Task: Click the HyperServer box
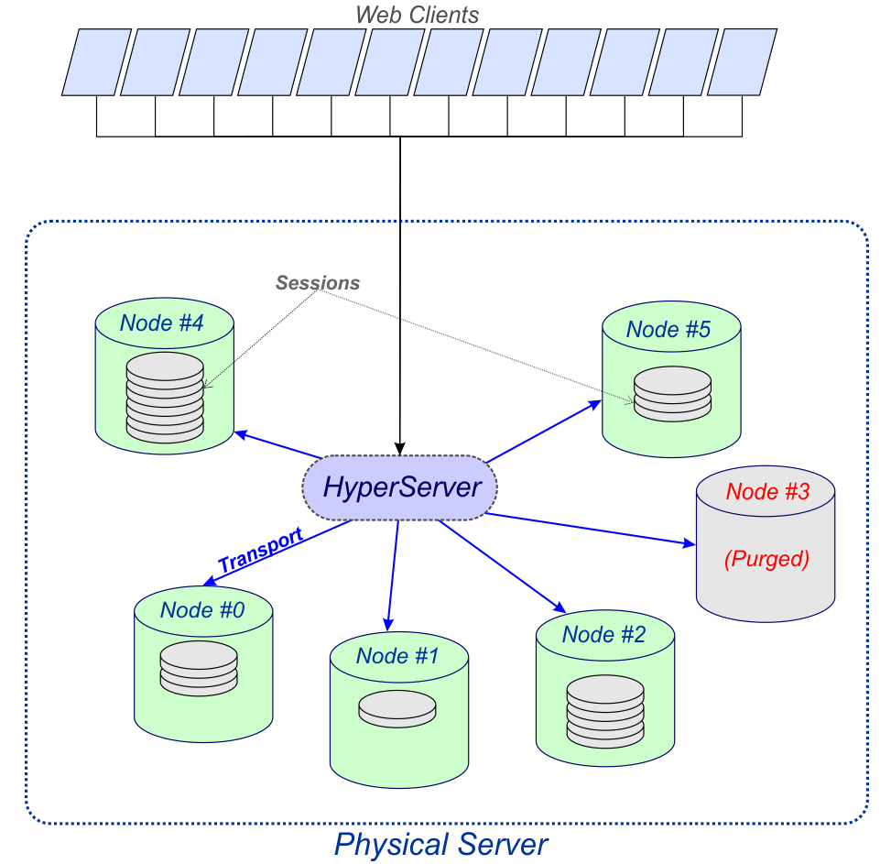tap(399, 487)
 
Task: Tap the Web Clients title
tap(417, 15)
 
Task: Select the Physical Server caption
tap(441, 844)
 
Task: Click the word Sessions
tap(318, 282)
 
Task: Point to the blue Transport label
tap(260, 549)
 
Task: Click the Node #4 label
tap(161, 323)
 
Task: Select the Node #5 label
tap(668, 329)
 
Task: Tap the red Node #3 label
tap(767, 491)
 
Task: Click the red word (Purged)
tap(766, 558)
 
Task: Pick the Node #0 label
tap(202, 610)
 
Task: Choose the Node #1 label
tap(397, 656)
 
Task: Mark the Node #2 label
tap(604, 634)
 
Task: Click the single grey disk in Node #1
tap(397, 709)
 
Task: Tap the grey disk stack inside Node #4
tap(165, 398)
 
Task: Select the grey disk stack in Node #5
tap(672, 394)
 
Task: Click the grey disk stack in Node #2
tap(605, 711)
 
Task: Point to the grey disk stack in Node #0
tap(199, 669)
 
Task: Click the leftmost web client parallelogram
tap(96, 62)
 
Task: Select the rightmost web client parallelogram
tap(742, 62)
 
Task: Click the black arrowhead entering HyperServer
tap(400, 448)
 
